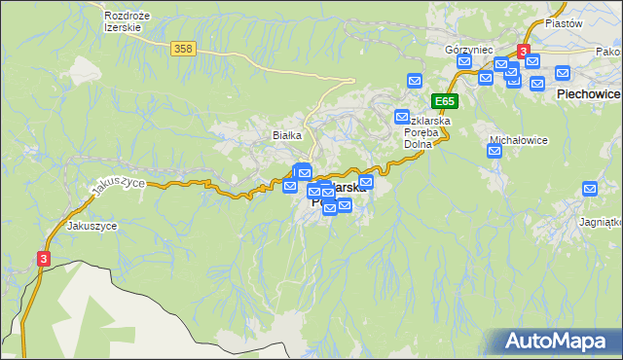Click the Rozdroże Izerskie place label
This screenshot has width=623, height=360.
coord(123,21)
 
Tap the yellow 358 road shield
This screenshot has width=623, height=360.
coord(181,48)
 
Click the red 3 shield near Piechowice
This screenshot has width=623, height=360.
coord(524,51)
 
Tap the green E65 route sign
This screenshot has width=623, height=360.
coord(445,100)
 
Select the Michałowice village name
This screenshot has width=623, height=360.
coord(518,140)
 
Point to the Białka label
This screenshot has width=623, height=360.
coord(288,135)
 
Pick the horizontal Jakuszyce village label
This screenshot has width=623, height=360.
coord(92,226)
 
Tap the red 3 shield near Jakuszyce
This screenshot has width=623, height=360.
coord(44,259)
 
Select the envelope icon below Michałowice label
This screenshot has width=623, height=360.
coord(495,151)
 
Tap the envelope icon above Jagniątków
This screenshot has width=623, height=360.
coord(589,189)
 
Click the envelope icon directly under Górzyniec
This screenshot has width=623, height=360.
coord(464,62)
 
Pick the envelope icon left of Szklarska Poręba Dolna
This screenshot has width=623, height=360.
coord(401,117)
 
